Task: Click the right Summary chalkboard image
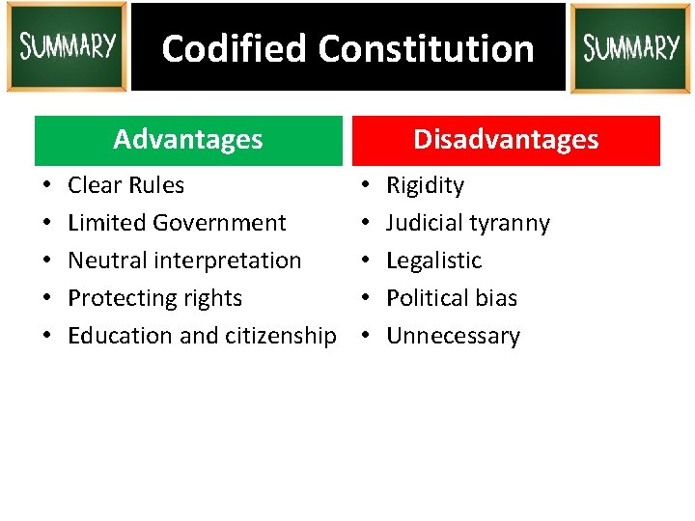pos(630,48)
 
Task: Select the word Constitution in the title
pos(426,48)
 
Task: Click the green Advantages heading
pos(188,140)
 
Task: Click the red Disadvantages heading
pos(506,140)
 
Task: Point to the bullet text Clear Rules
pos(125,185)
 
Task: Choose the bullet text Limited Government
pos(177,223)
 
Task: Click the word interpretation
pos(228,260)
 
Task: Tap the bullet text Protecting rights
pos(154,298)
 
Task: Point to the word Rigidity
pos(425,185)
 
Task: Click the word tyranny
pos(512,223)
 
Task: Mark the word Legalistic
pos(433,260)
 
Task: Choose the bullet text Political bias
pos(452,298)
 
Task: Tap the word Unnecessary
pos(453,336)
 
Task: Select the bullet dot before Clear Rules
pos(46,185)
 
